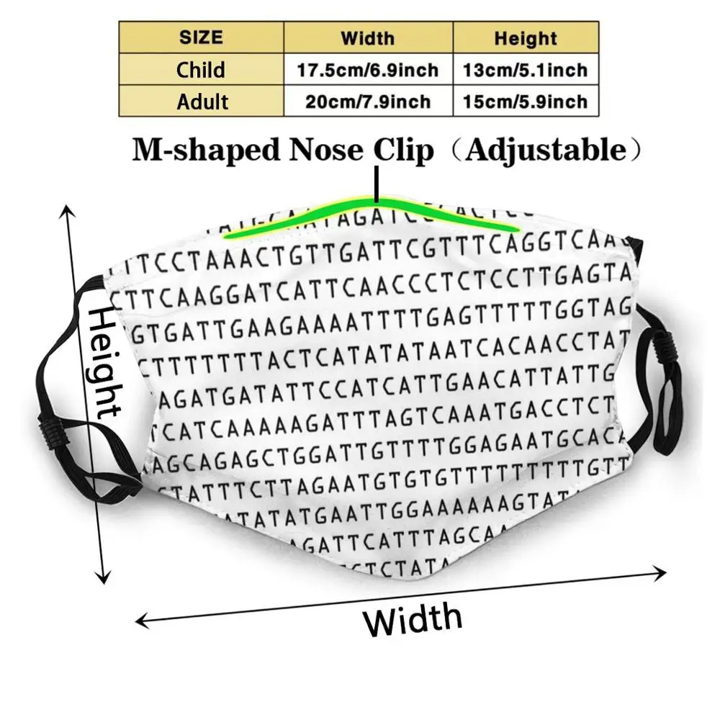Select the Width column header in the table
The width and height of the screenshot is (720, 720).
tap(367, 37)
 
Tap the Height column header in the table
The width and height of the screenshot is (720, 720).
tap(526, 37)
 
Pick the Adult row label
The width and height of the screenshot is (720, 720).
tap(202, 102)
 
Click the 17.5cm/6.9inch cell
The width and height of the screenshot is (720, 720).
tap(368, 70)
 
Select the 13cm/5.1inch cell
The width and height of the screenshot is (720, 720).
tap(526, 70)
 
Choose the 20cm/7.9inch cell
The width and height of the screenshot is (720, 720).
tap(368, 102)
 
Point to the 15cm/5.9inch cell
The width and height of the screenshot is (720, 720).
tap(526, 102)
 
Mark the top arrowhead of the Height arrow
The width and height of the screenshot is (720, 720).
tap(68, 210)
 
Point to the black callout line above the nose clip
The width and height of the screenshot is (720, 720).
tap(375, 184)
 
